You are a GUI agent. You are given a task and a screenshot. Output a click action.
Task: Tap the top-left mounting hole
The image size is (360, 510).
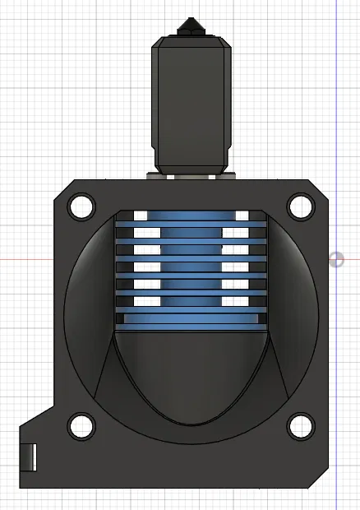(81, 206)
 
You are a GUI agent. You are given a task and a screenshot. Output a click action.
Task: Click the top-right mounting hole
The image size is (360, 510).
(300, 206)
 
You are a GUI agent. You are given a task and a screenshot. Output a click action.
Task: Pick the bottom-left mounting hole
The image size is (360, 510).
(81, 425)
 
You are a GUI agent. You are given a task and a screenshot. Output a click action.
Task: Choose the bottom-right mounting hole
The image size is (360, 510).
(300, 425)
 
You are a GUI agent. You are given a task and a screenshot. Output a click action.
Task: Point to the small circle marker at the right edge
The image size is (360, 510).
(337, 260)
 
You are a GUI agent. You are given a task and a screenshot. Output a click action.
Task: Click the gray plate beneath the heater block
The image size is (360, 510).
(190, 175)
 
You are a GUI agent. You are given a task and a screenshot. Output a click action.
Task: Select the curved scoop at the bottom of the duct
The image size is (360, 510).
(191, 378)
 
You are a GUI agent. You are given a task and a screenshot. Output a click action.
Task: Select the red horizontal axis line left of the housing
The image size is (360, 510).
(25, 260)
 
